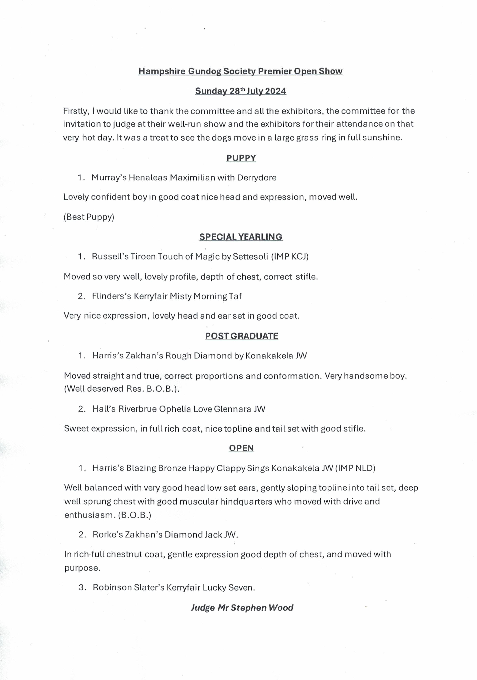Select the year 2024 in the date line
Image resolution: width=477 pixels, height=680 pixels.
tap(275, 91)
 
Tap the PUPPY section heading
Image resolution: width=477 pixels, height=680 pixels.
tap(241, 158)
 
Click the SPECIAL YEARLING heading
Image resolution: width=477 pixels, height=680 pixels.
tap(241, 237)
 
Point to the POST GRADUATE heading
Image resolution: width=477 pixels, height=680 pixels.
tap(241, 336)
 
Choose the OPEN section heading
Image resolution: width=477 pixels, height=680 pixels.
tap(241, 448)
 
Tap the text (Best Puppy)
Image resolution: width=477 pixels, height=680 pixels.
tap(89, 217)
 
